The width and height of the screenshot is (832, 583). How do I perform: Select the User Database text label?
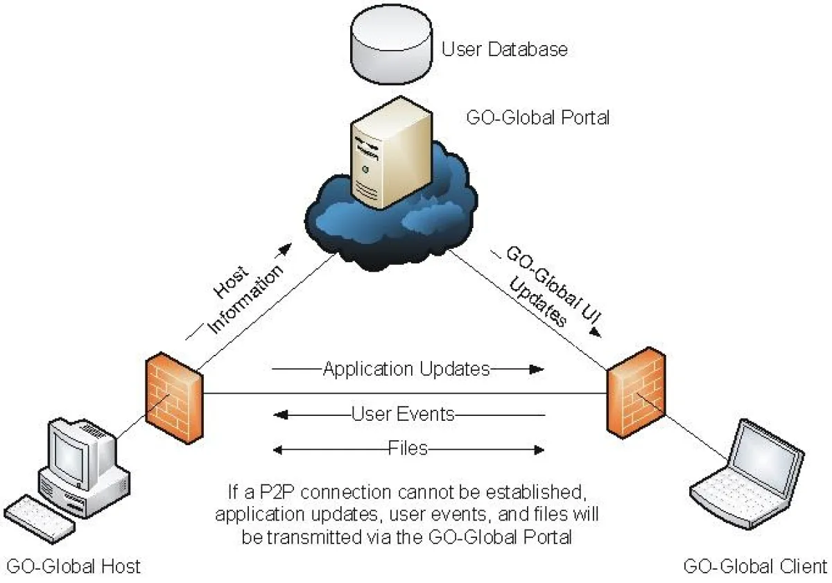pos(505,50)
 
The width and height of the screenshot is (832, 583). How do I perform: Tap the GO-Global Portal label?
pos(539,117)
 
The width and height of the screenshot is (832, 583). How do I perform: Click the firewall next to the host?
pos(174,399)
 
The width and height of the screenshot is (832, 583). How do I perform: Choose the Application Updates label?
pos(406,369)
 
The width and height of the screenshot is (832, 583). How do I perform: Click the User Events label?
pos(403,415)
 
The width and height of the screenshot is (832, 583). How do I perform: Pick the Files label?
pos(408,449)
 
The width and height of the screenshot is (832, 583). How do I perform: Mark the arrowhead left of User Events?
pos(280,415)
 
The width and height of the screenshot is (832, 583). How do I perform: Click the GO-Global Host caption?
pos(72,566)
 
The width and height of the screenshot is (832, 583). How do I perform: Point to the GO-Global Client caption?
pos(754,566)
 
